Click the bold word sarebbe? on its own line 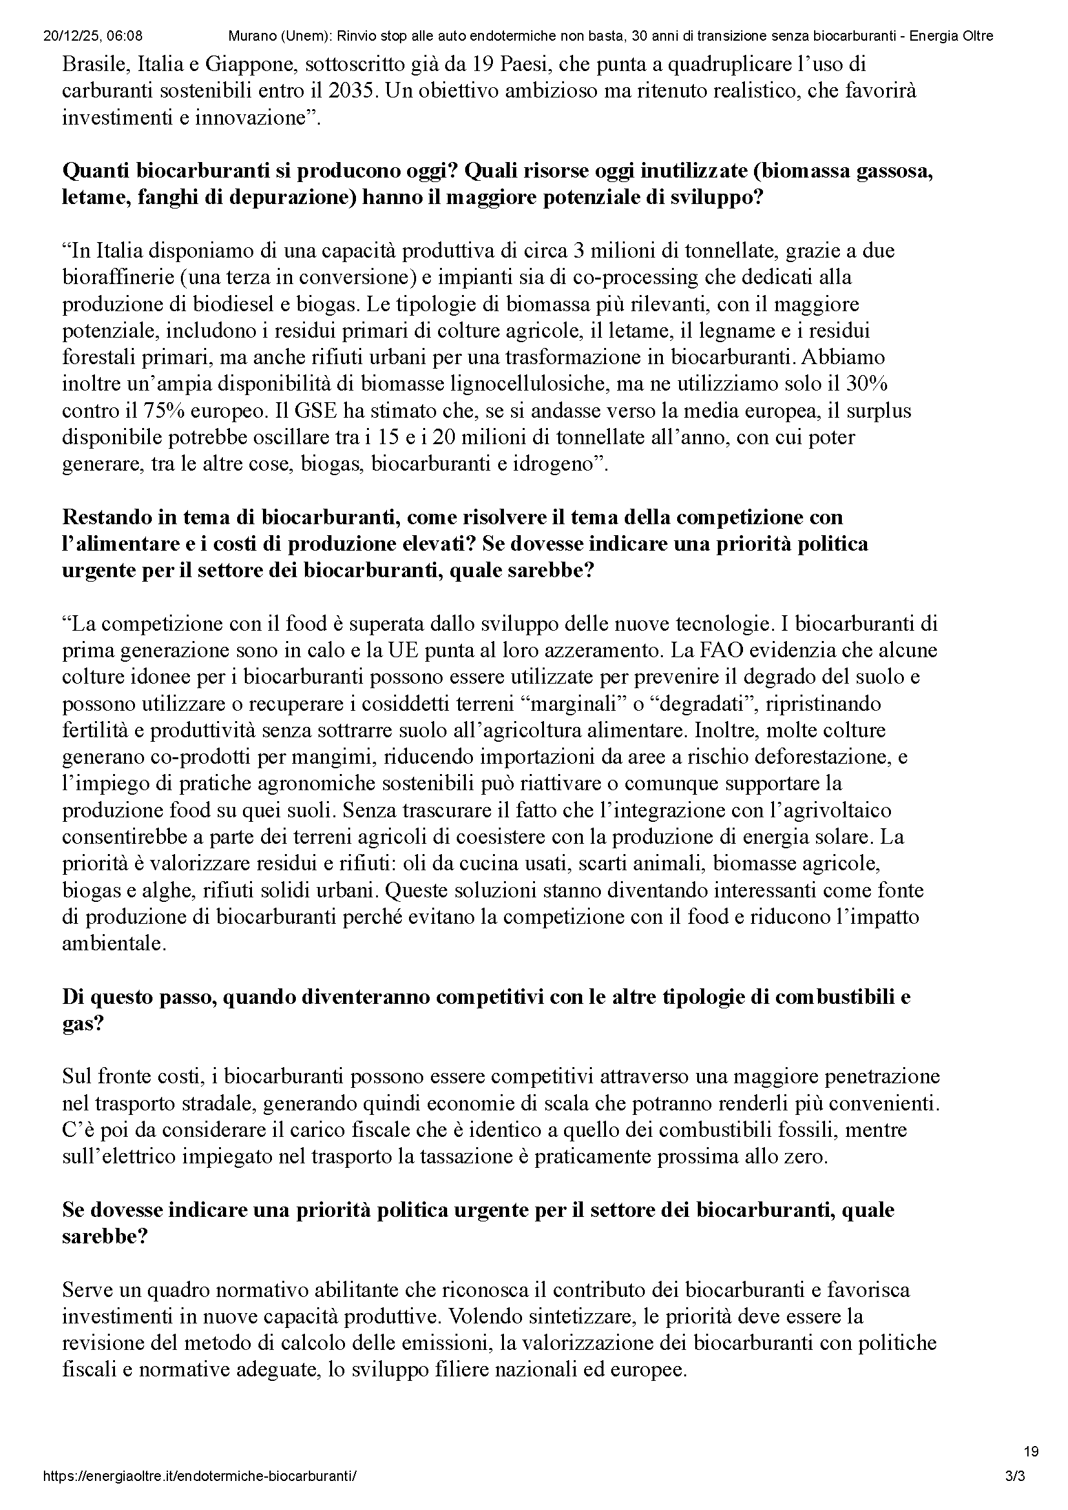(105, 1237)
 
